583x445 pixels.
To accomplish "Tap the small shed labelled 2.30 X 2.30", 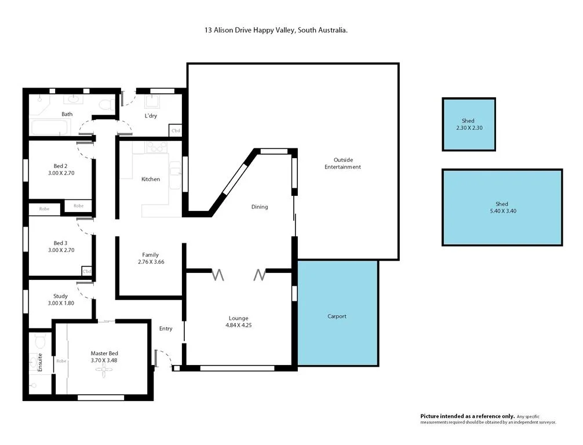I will tap(468, 125).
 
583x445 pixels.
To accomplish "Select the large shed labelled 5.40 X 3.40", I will tap(502, 207).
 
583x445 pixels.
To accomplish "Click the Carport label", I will tap(337, 316).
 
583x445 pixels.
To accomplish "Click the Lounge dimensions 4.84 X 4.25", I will tap(238, 326).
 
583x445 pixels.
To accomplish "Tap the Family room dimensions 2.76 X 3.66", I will tap(150, 262).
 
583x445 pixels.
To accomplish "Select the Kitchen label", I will tap(151, 180).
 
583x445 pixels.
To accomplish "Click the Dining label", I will tap(259, 207).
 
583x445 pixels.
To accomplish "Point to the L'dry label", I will tap(151, 116).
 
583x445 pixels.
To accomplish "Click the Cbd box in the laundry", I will tap(175, 131).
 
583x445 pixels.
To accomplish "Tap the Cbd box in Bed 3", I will tap(87, 271).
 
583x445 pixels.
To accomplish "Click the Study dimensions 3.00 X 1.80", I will tap(61, 304).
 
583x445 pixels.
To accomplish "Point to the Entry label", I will tap(166, 329).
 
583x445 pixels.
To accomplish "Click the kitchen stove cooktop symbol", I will tap(156, 147).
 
